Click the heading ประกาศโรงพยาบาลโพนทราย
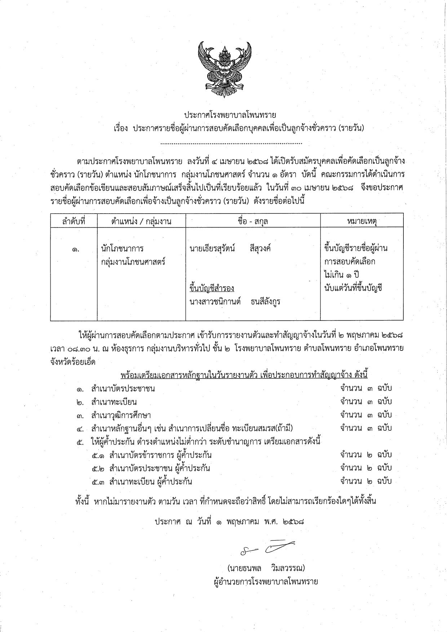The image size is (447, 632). pos(230,115)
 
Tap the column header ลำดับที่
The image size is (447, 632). pos(74,221)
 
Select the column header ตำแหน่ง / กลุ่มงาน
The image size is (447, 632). pos(141,221)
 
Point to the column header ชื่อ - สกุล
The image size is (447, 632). pos(252,221)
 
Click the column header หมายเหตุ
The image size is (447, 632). pos(362,221)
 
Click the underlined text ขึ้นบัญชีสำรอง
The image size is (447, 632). pos(212,288)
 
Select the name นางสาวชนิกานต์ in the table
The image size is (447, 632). pos(215,301)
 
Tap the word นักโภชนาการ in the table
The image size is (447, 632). pos(122,248)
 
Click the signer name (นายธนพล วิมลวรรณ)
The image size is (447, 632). pos(266,568)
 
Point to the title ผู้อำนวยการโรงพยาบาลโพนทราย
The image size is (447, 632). pos(266,581)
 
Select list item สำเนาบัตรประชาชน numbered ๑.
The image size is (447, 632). pos(123,389)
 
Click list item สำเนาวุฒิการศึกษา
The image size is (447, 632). pos(121,415)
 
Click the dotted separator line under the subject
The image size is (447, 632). pos(231,143)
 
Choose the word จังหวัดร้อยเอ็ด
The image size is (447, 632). pos(73,362)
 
